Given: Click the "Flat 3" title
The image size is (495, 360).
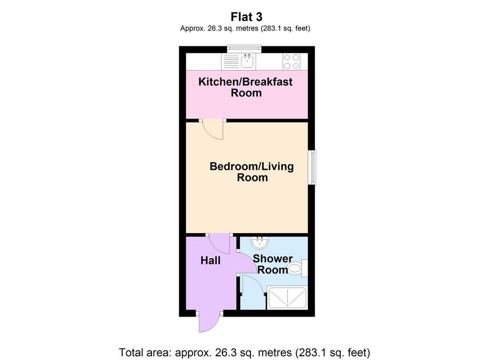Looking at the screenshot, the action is pos(246,16).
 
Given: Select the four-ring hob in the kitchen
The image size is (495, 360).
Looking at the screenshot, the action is pos(291,61).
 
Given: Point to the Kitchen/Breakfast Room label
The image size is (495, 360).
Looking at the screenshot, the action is pos(246,87).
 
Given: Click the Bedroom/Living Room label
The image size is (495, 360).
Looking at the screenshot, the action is pos(252,172).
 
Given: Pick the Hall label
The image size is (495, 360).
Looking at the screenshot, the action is pos(211,261).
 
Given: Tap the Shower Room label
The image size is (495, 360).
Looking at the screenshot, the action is pos(273,264).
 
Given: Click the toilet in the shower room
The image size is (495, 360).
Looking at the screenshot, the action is pos(298,269).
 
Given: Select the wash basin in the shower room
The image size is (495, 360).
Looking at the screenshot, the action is pos(260,242).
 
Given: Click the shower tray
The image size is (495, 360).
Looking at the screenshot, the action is pos(287,298).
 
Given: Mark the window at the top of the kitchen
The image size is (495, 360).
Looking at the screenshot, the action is pos(244,48).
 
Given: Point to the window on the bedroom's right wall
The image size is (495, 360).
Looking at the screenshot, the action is pos(312,167).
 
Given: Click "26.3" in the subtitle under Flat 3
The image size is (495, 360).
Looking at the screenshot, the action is pos(214,29).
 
